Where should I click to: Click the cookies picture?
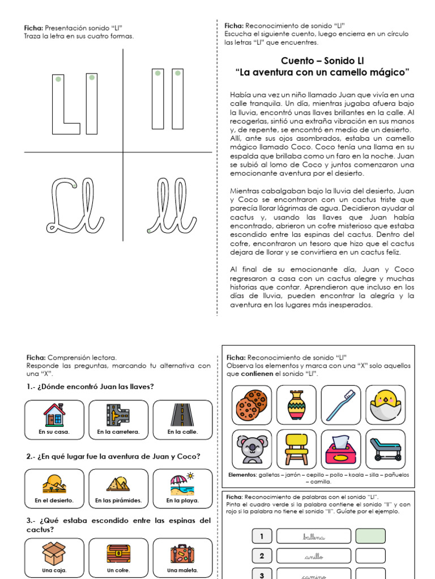coord(251,405)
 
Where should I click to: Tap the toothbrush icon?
coord(341,405)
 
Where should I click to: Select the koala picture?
coord(251,449)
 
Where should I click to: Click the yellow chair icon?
coord(296,449)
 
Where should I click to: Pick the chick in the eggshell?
coord(385,405)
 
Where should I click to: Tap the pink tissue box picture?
coord(341,449)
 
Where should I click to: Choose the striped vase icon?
coord(296,405)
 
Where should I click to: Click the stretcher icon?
coord(385,449)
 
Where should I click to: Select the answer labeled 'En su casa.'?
coord(54,420)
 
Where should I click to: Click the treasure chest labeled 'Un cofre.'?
coord(118,558)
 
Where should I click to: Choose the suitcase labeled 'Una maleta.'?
coord(182,558)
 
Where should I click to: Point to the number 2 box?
coord(261,556)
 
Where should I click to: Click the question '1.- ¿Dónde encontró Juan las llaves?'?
coord(90,387)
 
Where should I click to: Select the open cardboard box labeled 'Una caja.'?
coord(54,558)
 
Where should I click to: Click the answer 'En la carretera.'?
coord(118,420)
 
